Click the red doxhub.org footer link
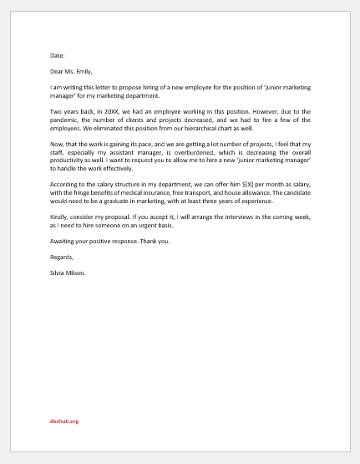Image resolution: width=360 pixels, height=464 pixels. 64,421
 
